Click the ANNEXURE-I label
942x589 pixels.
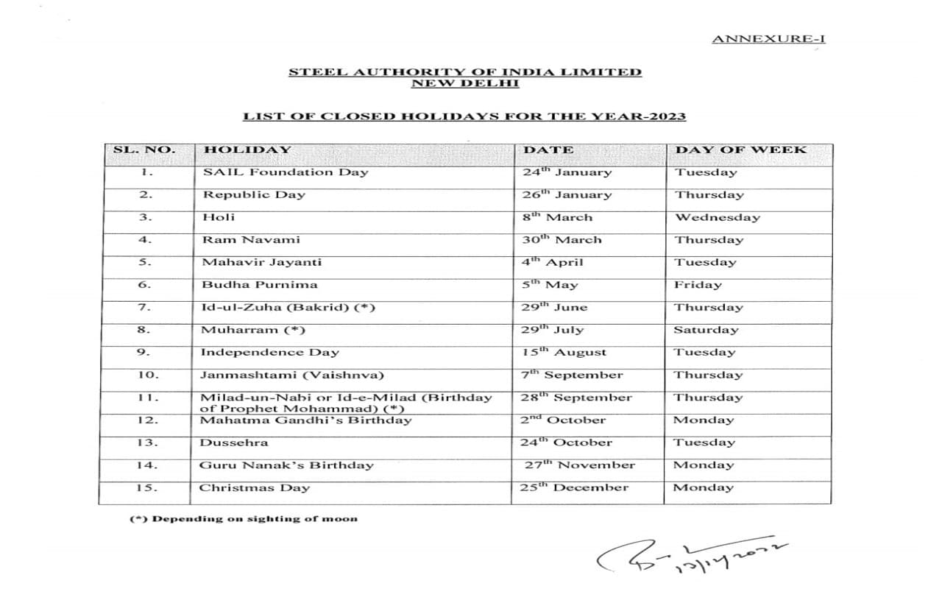point(768,38)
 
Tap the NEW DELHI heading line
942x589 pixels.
point(464,83)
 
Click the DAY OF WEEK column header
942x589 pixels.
point(740,150)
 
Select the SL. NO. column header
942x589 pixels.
point(144,150)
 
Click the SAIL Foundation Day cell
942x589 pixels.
point(286,172)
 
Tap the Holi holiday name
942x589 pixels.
point(219,217)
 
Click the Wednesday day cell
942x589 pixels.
point(718,218)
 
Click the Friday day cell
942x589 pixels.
point(698,285)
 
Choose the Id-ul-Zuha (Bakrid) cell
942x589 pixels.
point(288,307)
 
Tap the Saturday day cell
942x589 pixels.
point(706,330)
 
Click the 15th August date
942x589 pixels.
point(564,353)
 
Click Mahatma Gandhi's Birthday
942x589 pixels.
point(305,420)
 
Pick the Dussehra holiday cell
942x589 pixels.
point(234,442)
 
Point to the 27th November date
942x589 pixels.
point(580,465)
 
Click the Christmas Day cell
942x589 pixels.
point(255,487)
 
